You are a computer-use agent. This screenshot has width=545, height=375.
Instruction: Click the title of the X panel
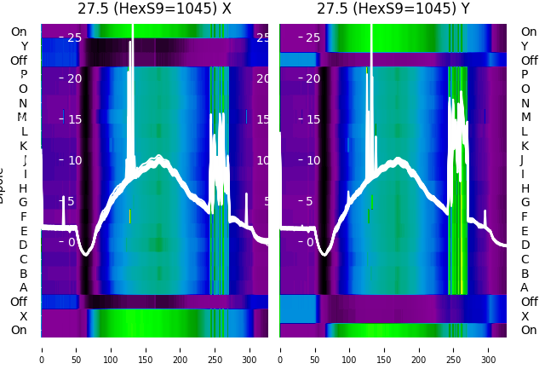point(154,9)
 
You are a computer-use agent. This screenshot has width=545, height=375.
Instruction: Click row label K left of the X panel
point(23,146)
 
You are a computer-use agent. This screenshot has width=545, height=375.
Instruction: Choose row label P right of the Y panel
point(525,75)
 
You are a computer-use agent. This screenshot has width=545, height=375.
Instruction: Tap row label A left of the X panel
point(23,287)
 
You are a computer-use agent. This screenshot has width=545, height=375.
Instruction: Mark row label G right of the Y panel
point(525,202)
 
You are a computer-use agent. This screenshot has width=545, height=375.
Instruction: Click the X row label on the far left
point(23,316)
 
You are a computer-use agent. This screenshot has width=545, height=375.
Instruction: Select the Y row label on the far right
point(525,46)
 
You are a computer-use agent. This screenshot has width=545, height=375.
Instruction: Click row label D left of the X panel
point(23,245)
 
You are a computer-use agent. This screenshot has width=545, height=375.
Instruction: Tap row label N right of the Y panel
point(525,103)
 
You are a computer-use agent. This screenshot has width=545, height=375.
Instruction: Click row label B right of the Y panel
point(525,274)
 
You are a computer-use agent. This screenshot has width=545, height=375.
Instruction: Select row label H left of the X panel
point(23,188)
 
